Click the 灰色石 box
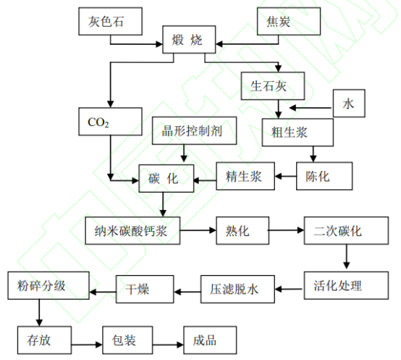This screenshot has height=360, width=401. click(111, 21)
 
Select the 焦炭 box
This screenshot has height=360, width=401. click(289, 21)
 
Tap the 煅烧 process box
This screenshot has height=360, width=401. click(189, 39)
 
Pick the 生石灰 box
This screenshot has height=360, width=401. click(273, 86)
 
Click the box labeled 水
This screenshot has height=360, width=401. click(349, 104)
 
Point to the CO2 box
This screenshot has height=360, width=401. click(111, 122)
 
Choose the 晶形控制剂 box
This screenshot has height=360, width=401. click(195, 131)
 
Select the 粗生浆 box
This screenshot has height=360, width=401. click(297, 133)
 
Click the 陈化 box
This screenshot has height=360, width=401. click(324, 176)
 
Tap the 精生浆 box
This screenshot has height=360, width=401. click(245, 176)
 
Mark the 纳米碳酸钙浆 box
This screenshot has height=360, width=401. click(132, 231)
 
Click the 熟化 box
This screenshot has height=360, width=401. click(242, 231)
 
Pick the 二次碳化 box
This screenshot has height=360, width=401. click(346, 231)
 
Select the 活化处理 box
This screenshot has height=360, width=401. click(346, 285)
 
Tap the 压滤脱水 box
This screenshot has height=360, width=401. click(237, 289)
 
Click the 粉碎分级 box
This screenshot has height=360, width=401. click(48, 285)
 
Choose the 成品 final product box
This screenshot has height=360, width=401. click(210, 340)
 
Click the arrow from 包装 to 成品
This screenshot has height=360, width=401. click(168, 345)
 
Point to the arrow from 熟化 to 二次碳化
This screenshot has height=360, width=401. click(287, 230)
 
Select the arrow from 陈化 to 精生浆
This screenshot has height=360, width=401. click(286, 176)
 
